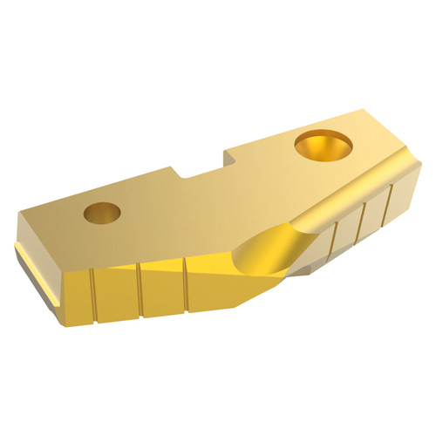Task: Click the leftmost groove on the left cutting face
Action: (92, 295)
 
